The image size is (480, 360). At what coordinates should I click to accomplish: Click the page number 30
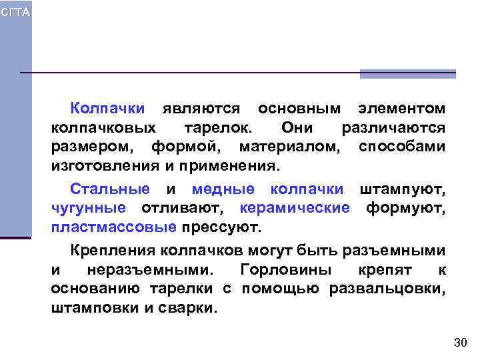click(460, 343)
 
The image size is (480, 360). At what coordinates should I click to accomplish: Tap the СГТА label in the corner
click(15, 13)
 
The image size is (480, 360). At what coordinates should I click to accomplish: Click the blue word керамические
click(294, 208)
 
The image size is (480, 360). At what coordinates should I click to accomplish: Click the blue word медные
click(223, 189)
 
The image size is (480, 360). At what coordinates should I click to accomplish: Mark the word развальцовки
click(397, 289)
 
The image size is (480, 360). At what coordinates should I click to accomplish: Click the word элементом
click(401, 108)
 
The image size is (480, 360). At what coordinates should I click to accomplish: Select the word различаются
click(393, 127)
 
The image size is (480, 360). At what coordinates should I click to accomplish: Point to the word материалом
click(289, 145)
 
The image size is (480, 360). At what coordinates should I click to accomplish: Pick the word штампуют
click(403, 189)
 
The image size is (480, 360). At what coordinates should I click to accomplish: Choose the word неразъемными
click(151, 271)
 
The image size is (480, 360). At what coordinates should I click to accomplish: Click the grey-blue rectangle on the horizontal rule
click(407, 74)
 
